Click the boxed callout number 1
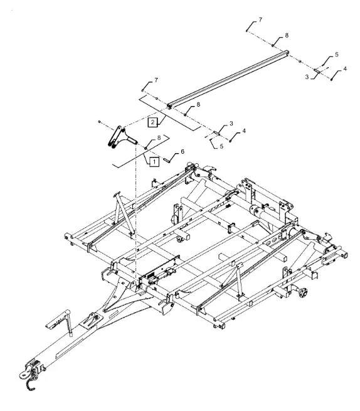[x=154, y=161]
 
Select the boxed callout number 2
[x=153, y=122]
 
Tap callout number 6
[x=183, y=151]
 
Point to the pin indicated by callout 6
[x=167, y=159]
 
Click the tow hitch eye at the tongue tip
[x=24, y=374]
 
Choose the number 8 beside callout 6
[x=159, y=138]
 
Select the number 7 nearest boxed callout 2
[x=156, y=80]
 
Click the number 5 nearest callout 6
[x=221, y=146]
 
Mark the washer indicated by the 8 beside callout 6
[x=146, y=148]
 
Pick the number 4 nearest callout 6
[x=244, y=131]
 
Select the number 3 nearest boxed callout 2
[x=231, y=124]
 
